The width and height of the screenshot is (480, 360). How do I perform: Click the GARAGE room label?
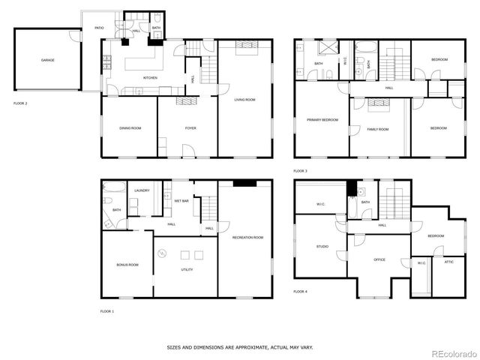pyautogui.click(x=47, y=60)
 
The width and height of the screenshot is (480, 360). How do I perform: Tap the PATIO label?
pyautogui.click(x=99, y=28)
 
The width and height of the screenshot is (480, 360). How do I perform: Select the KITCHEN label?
pyautogui.click(x=151, y=77)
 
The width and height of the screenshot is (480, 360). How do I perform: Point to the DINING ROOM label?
pyautogui.click(x=130, y=128)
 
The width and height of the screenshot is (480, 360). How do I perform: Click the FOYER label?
pyautogui.click(x=191, y=128)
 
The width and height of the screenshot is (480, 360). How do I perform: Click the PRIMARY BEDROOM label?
pyautogui.click(x=322, y=120)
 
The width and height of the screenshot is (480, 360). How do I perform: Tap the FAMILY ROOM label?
pyautogui.click(x=378, y=129)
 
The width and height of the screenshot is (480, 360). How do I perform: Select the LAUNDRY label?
pyautogui.click(x=142, y=190)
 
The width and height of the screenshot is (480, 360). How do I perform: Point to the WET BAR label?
pyautogui.click(x=181, y=201)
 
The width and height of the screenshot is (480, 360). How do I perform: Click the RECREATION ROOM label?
pyautogui.click(x=247, y=238)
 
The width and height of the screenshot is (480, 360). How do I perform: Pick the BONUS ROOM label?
pyautogui.click(x=127, y=265)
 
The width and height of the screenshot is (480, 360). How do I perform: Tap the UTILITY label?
pyautogui.click(x=187, y=269)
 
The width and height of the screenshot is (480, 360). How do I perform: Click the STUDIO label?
pyautogui.click(x=322, y=246)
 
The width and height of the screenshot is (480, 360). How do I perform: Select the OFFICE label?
pyautogui.click(x=379, y=259)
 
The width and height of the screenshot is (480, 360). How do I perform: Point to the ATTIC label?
pyautogui.click(x=448, y=262)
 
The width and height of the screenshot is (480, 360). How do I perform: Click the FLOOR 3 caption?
pyautogui.click(x=301, y=171)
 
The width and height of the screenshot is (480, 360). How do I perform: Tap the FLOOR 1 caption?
pyautogui.click(x=108, y=310)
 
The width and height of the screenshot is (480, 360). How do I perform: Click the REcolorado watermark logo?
pyautogui.click(x=451, y=352)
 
